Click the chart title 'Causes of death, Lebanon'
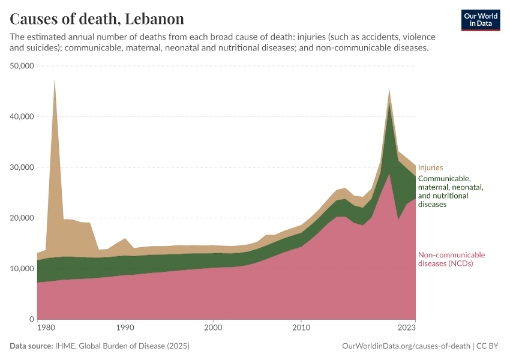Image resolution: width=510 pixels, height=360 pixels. click(97, 19)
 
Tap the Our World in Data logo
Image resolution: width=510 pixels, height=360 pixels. click(481, 20)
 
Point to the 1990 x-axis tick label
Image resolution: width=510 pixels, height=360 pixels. click(125, 328)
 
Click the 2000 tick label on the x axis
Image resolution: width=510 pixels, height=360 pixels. click(213, 328)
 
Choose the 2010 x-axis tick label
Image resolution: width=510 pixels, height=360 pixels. click(301, 328)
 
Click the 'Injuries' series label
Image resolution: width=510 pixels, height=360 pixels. click(430, 168)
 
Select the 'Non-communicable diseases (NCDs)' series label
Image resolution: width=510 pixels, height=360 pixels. click(451, 259)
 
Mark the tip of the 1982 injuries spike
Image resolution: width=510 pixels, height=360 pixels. click(55, 80)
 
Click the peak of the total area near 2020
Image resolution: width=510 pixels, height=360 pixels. click(389, 90)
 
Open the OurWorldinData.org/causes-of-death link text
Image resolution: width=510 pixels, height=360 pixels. click(405, 346)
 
